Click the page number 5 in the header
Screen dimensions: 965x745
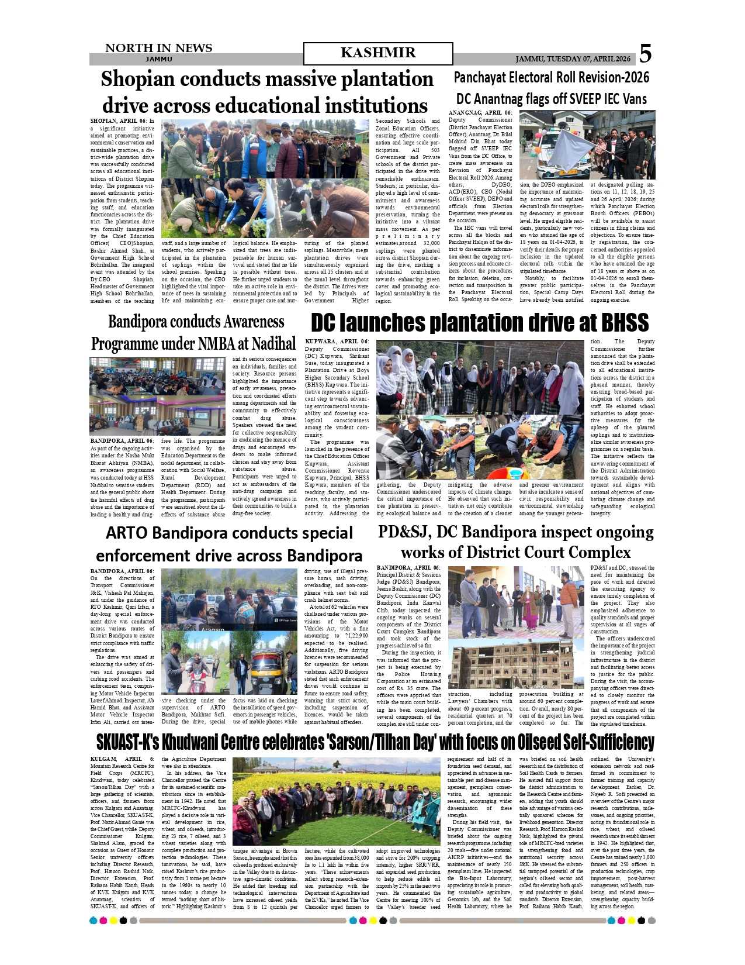[x=645, y=54]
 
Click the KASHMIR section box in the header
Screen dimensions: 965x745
[x=377, y=53]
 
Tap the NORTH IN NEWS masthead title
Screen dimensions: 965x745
[x=158, y=48]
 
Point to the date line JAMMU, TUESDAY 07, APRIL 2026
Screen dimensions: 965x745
[x=573, y=59]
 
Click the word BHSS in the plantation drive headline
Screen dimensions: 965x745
[x=622, y=323]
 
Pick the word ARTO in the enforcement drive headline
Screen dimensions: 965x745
[x=127, y=533]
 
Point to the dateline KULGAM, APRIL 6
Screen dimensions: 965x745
[x=122, y=759]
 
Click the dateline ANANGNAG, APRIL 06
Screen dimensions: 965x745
[x=480, y=112]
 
